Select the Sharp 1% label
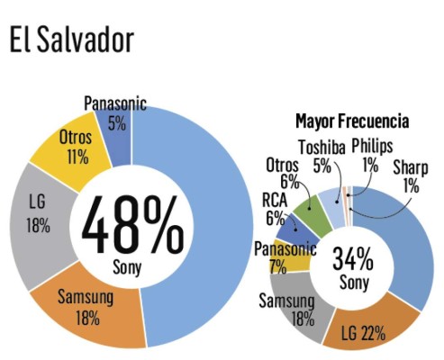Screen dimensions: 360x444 point(412,175)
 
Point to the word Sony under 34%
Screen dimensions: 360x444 point(352,284)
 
